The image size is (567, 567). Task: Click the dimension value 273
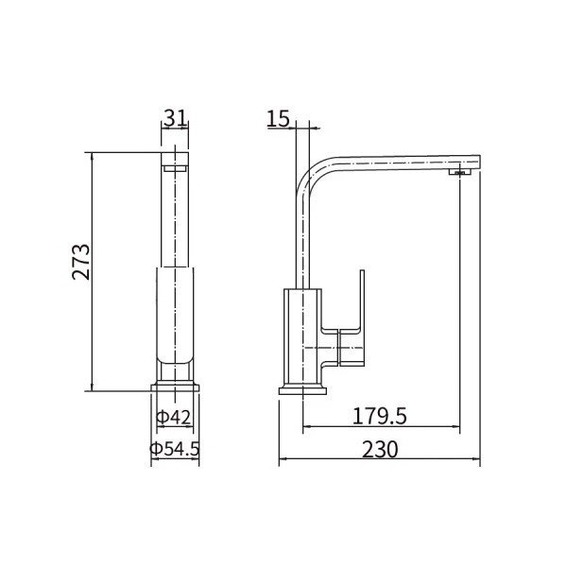point(80,262)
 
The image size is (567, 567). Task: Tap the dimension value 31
point(176,117)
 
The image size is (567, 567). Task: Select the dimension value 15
point(278,118)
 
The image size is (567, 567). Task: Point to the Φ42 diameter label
point(173,418)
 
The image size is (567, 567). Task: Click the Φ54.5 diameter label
point(175,449)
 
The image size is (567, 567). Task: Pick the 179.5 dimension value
point(379,416)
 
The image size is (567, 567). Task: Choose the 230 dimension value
point(380,450)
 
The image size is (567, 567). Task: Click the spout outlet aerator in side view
point(460,172)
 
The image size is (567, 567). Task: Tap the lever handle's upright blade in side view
point(362,301)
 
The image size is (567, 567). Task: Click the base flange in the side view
point(302,391)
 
